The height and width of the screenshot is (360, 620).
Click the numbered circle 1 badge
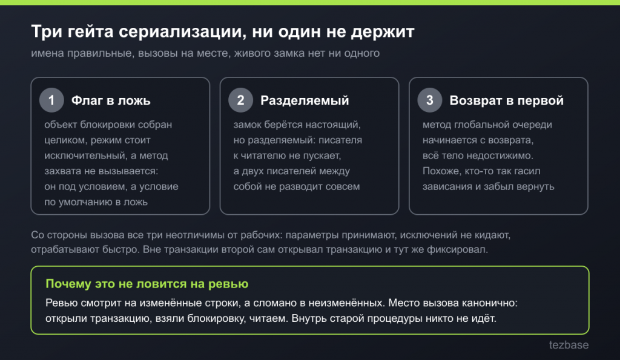pyautogui.click(x=51, y=100)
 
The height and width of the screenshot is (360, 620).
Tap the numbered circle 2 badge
pyautogui.click(x=240, y=100)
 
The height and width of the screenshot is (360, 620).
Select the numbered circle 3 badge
pyautogui.click(x=430, y=100)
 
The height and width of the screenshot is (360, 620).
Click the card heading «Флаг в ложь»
pyautogui.click(x=111, y=100)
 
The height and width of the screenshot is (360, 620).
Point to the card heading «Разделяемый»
pyautogui.click(x=305, y=100)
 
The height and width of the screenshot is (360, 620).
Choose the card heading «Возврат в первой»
pyautogui.click(x=507, y=100)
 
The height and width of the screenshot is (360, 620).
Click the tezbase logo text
pyautogui.click(x=569, y=345)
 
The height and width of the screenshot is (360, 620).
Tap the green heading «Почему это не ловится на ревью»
pyautogui.click(x=147, y=284)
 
